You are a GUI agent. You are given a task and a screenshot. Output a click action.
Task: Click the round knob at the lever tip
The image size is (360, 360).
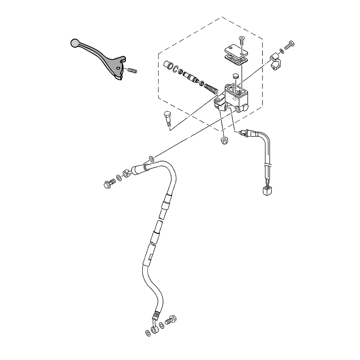tap(74, 42)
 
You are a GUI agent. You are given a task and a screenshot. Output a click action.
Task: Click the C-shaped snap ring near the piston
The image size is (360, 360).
tap(176, 70)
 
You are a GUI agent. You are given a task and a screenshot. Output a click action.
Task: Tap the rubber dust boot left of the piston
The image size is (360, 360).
tap(168, 66)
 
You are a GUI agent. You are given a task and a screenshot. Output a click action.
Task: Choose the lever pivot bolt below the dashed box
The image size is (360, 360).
tap(167, 117)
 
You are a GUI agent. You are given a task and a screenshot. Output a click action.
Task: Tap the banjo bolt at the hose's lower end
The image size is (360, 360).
tap(170, 320)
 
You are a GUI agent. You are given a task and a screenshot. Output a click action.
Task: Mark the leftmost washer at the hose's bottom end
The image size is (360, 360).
tap(148, 332)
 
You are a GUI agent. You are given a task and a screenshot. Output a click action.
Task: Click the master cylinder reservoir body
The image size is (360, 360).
tap(235, 94)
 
